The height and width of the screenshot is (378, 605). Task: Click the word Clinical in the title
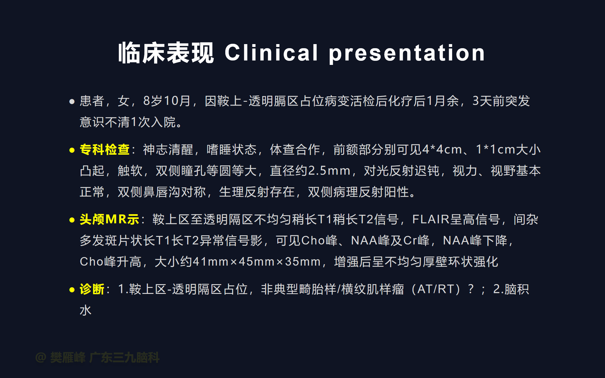[271, 53]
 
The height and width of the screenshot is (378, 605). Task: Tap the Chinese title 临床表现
[166, 53]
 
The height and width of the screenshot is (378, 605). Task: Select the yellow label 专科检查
[105, 149]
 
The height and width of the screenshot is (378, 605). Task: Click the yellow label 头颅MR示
[109, 219]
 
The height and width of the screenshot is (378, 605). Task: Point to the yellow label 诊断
[92, 289]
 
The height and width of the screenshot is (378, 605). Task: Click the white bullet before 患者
[72, 101]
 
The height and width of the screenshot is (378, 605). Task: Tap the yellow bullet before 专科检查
[72, 150]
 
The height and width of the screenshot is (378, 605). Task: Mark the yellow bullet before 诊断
[72, 290]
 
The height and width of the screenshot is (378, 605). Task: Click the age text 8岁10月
[167, 101]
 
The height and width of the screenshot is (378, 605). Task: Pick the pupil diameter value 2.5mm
[329, 171]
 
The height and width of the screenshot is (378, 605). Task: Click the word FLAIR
[431, 219]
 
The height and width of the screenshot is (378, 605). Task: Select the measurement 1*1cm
[495, 149]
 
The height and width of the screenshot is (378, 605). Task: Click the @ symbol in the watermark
[41, 358]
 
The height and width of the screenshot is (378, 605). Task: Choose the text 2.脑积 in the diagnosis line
[511, 289]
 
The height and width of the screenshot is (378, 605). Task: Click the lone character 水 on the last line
[86, 310]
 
